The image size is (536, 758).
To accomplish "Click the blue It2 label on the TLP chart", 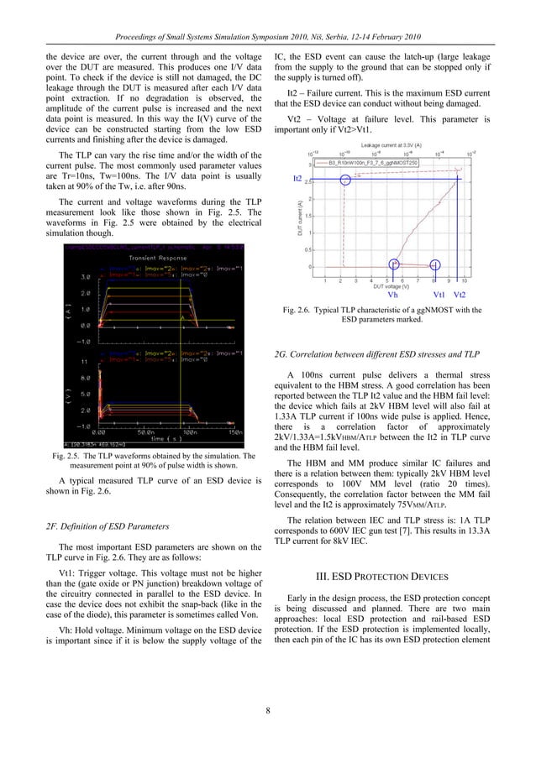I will pos(297,180).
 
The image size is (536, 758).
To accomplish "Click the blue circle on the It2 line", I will pos(345,180).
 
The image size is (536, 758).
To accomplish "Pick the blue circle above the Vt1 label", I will pos(434,242).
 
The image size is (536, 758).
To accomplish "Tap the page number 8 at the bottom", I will pos(267,713).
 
